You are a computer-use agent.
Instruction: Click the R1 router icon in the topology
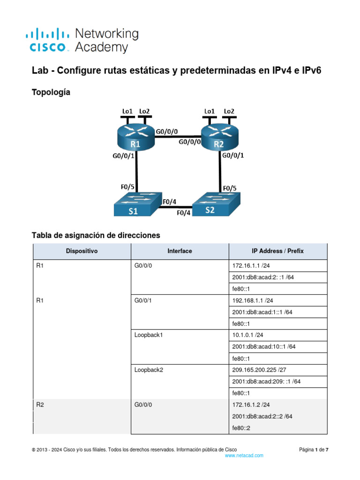coord(135,137)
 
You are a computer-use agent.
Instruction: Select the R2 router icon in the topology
coord(218,137)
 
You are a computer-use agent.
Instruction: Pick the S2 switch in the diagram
coord(217,205)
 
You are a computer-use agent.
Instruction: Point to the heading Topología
coord(51,93)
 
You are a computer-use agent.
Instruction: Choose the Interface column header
coord(180,251)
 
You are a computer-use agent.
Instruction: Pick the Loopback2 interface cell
coord(148,370)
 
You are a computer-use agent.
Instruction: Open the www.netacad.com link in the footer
coord(244,456)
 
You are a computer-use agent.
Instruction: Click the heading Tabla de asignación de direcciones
coord(96,235)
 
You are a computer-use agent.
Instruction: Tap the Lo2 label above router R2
coord(229,111)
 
